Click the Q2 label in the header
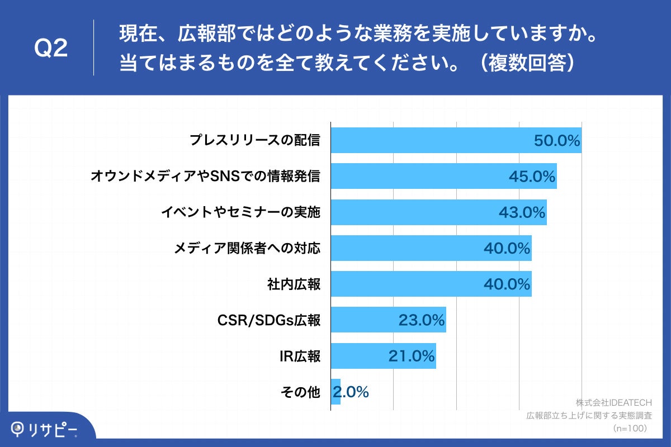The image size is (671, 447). (51, 49)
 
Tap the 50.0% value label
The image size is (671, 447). (557, 140)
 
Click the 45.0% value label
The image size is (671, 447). (532, 177)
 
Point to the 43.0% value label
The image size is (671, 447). (522, 212)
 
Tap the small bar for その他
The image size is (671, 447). (335, 392)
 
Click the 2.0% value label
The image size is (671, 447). (351, 392)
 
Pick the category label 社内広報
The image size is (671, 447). (294, 284)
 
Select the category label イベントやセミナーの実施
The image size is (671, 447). (240, 212)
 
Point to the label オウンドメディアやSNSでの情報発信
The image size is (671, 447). (205, 177)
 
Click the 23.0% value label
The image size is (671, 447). (422, 320)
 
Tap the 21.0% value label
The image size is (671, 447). (412, 356)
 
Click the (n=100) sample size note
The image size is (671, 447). (630, 428)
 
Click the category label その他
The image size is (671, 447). (300, 392)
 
